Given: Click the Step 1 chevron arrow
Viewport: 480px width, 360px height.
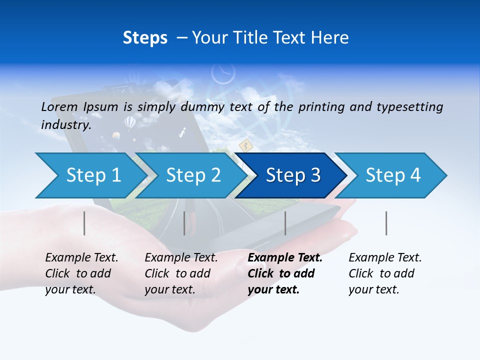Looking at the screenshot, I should [92, 175].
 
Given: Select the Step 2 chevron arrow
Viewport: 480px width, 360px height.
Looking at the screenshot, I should [192, 175].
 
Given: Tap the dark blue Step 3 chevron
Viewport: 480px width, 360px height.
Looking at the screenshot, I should [292, 175].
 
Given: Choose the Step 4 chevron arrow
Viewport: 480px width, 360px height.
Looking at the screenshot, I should [392, 175].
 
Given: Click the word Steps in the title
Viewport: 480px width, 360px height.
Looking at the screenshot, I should [145, 38].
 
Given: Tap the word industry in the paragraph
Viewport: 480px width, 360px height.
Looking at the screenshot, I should [65, 125].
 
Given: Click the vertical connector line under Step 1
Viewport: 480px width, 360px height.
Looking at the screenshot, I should [84, 223].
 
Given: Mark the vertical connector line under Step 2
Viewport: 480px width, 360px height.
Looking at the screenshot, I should [184, 223].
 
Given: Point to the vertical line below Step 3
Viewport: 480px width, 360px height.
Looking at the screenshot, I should [285, 223].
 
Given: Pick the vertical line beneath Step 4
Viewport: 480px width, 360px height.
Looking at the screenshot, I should [386, 223].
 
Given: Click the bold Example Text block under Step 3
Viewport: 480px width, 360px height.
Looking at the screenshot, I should [285, 273].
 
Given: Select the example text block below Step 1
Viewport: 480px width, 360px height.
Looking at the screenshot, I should [81, 273].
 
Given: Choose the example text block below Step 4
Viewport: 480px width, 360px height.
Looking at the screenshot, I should [385, 273].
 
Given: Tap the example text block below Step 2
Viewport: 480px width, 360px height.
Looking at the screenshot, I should [181, 273].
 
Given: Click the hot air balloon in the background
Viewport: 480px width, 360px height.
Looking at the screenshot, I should [129, 121].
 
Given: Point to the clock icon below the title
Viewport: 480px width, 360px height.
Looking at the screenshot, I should [223, 74].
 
